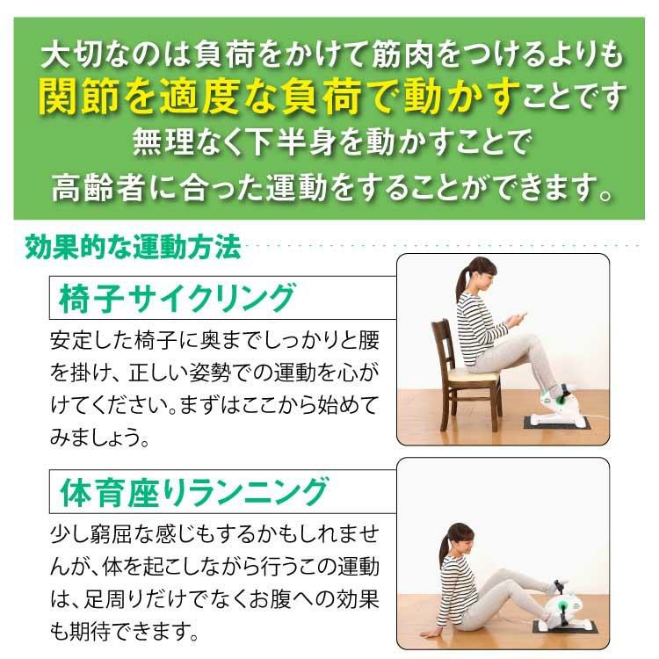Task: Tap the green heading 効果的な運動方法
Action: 133,247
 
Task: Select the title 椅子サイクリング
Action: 177,298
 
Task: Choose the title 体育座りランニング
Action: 194,492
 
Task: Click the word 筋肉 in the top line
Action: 402,54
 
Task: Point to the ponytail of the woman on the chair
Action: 462,280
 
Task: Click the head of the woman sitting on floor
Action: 459,540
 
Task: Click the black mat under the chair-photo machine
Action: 557,424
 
